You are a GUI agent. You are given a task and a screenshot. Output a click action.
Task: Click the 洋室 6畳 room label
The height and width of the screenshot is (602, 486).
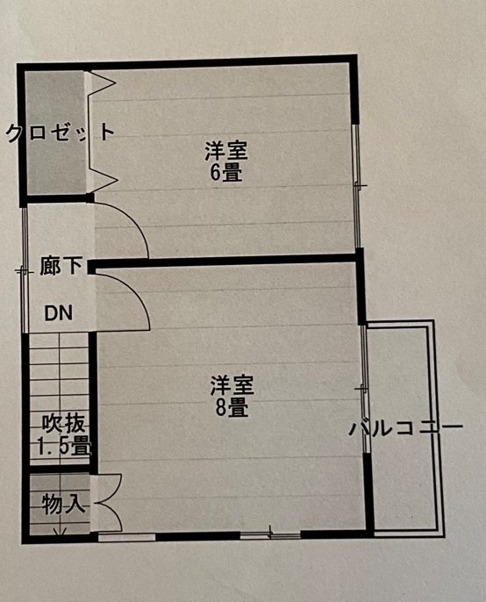226,161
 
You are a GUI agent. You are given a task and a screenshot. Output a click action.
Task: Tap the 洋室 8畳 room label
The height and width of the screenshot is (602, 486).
232,397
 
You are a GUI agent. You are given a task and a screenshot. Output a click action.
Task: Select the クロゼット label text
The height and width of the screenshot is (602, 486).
61,133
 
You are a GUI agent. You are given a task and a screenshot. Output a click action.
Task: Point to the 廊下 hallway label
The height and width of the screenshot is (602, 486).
61,266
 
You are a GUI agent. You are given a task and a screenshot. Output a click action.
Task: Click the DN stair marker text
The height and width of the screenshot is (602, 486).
59,313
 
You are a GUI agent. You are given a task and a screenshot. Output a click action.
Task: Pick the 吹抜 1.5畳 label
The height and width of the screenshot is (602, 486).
64,435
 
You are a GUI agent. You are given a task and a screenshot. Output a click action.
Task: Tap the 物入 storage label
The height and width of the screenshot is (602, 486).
63,504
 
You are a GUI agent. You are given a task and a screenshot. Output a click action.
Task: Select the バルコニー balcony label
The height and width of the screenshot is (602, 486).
406,428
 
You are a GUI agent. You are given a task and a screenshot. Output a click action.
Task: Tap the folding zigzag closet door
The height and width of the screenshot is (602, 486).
103,132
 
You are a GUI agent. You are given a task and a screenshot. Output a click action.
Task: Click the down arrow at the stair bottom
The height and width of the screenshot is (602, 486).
59,532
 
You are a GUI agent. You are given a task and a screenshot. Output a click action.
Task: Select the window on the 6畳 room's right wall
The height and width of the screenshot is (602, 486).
357,185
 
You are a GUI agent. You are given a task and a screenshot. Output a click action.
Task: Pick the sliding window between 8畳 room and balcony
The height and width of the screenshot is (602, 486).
365,390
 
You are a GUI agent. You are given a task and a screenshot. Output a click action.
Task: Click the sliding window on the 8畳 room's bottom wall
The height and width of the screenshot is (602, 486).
271,534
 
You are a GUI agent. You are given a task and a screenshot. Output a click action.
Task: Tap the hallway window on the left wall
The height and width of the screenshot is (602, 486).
25,270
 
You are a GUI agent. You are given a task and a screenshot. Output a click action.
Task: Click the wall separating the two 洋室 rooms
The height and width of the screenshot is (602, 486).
225,262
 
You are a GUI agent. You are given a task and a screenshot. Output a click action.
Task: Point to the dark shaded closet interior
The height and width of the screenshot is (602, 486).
55,132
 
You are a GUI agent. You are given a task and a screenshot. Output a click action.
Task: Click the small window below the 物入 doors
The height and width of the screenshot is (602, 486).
126,537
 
